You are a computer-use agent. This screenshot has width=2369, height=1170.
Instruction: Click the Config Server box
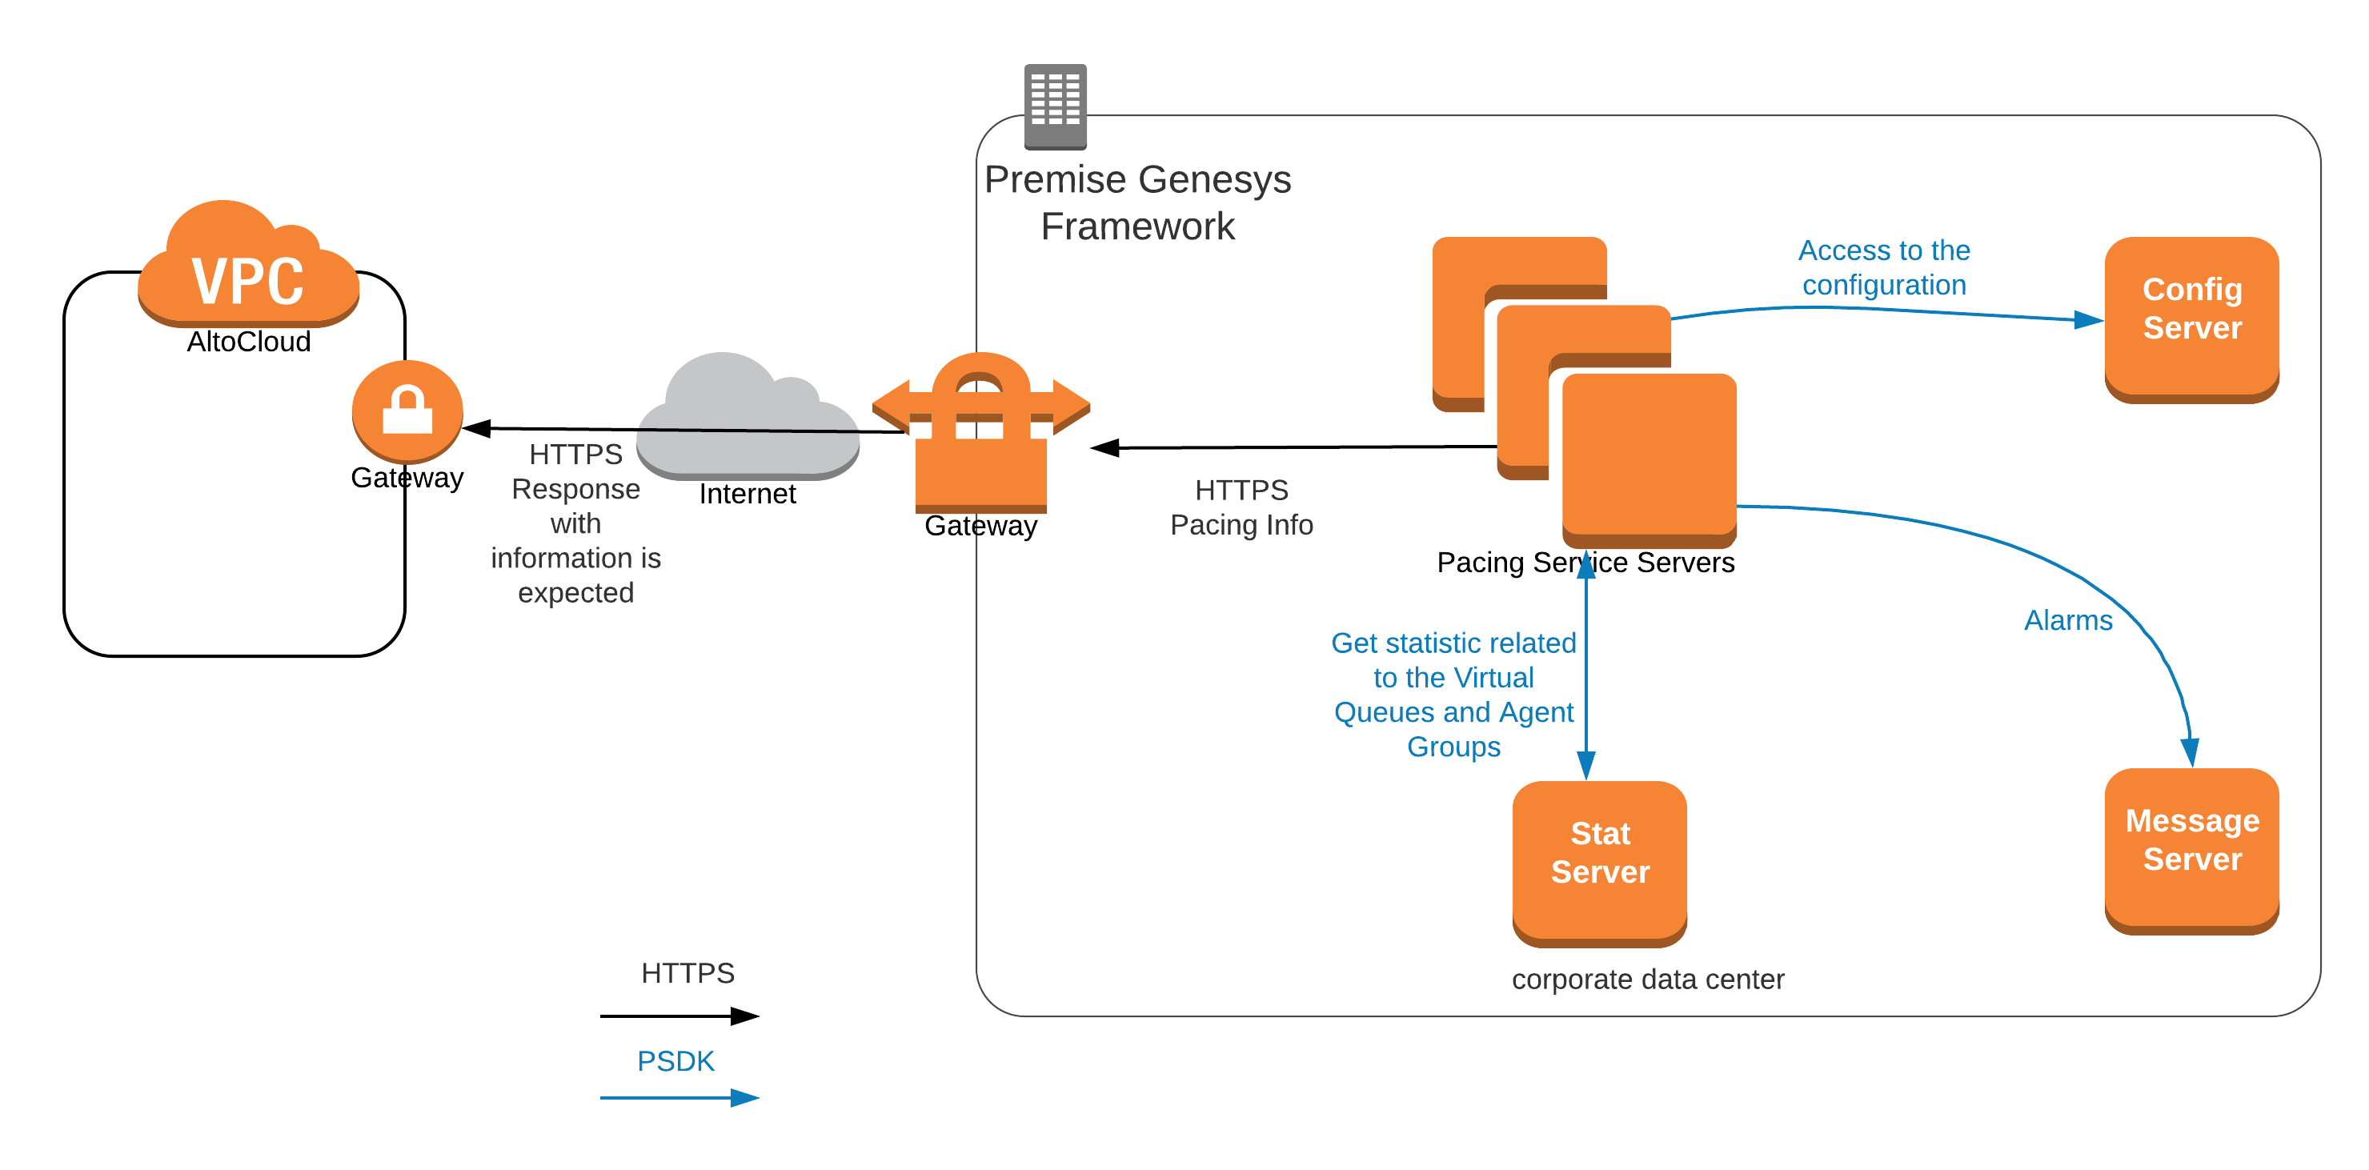[2191, 318]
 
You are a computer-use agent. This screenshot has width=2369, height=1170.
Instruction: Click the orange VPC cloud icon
[247, 266]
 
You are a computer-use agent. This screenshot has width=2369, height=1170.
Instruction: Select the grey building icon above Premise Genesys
[1055, 106]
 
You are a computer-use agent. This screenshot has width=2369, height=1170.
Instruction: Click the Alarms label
[2067, 621]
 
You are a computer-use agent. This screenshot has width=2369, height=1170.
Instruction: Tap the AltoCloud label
[248, 343]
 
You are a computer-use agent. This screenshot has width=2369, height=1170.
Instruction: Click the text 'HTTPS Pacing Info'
[1241, 507]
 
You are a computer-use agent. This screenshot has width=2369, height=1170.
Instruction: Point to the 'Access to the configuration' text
[1883, 267]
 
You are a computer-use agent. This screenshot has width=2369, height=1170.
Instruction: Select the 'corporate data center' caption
[1647, 980]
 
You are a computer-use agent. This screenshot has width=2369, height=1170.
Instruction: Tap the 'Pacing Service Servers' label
[1585, 562]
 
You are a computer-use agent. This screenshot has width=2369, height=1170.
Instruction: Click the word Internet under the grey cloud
[747, 494]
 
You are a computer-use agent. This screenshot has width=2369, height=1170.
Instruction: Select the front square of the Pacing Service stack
[1649, 455]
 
